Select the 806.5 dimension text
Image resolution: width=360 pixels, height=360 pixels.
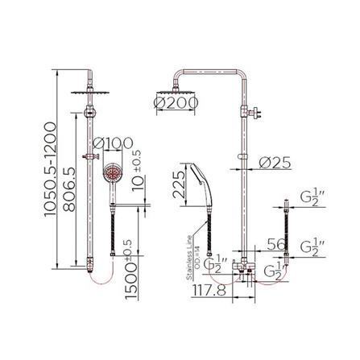[70, 188]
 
